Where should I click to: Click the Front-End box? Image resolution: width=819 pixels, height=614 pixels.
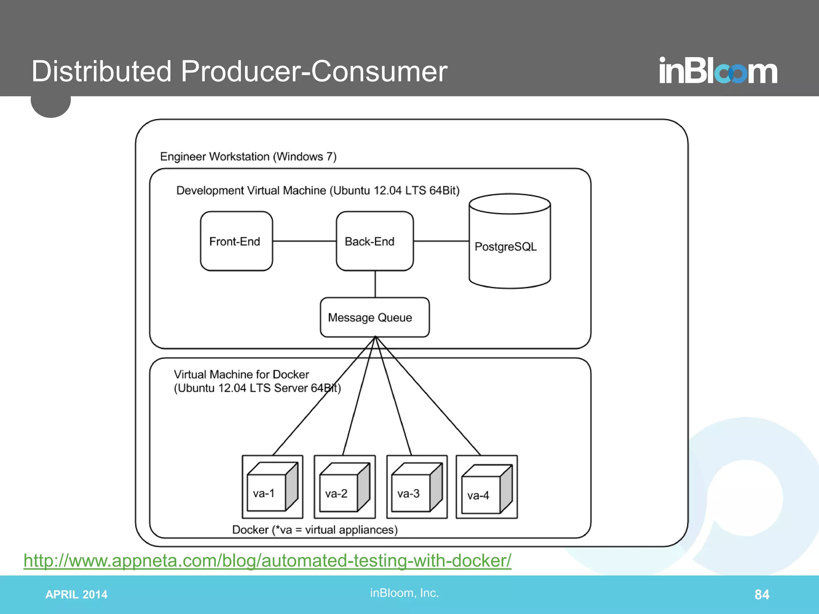pos(236,241)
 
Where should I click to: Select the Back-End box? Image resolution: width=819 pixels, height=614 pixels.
pos(375,241)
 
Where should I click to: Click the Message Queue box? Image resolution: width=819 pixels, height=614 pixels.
pos(375,317)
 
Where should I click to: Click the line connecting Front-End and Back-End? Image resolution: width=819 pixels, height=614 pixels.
pos(304,241)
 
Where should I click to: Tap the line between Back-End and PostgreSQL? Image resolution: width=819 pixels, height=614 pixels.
pos(441,241)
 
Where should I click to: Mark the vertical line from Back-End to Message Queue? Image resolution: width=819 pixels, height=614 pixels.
pos(375,284)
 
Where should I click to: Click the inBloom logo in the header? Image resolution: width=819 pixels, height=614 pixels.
pos(718,71)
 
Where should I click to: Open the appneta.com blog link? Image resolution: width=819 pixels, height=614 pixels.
pos(267,560)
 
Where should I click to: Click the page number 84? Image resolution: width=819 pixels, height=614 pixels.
pos(761,594)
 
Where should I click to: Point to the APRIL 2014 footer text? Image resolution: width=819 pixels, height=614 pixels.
pos(76,594)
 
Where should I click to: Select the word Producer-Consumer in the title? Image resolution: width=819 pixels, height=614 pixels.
pos(314,72)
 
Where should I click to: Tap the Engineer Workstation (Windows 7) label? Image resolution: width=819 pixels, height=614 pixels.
pos(248,156)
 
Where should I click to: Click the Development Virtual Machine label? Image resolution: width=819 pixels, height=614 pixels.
pos(318,190)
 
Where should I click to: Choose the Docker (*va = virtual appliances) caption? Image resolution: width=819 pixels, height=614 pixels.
pos(315,530)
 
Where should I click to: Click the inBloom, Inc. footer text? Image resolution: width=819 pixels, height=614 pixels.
pos(404,593)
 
